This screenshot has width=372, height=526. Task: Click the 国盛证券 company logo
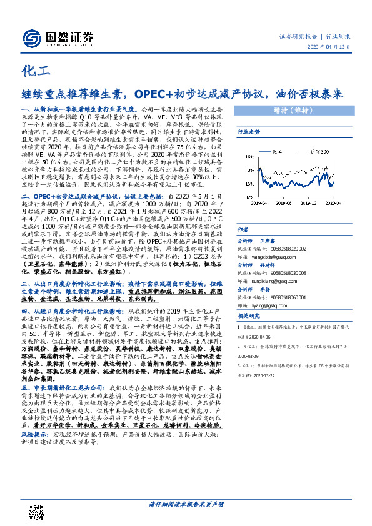[57, 37]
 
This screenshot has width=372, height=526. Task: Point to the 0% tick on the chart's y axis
[249, 173]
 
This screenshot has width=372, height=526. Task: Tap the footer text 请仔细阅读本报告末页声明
[185, 504]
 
